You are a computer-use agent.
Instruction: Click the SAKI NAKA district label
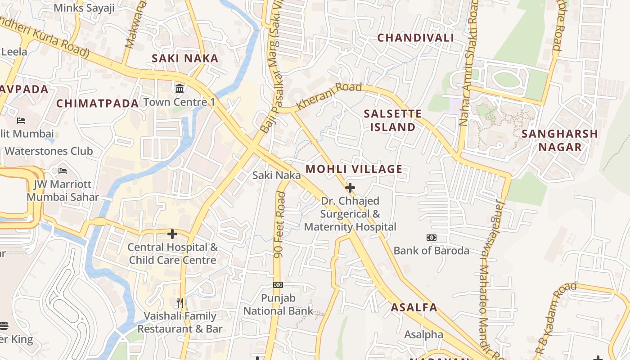click(185, 58)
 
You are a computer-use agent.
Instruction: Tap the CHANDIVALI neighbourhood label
click(415, 38)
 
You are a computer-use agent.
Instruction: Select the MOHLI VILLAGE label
click(354, 169)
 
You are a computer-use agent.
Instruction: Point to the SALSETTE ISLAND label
click(393, 120)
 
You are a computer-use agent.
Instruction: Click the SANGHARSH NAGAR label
click(559, 140)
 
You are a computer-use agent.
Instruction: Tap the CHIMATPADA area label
click(97, 103)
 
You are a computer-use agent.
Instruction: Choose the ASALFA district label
click(414, 307)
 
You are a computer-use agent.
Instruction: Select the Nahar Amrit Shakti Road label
click(468, 63)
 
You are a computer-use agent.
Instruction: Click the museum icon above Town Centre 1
click(180, 88)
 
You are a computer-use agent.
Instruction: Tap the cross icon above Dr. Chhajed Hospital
click(350, 188)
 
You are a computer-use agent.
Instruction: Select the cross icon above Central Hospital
click(172, 234)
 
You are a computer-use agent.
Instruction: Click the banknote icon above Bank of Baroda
click(431, 238)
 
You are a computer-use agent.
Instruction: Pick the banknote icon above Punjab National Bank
click(278, 285)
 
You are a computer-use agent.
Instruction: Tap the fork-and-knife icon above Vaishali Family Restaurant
click(180, 302)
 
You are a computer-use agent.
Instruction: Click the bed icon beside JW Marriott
click(63, 171)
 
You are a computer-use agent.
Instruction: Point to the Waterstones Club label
click(49, 151)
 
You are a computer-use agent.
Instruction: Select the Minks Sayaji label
click(84, 8)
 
